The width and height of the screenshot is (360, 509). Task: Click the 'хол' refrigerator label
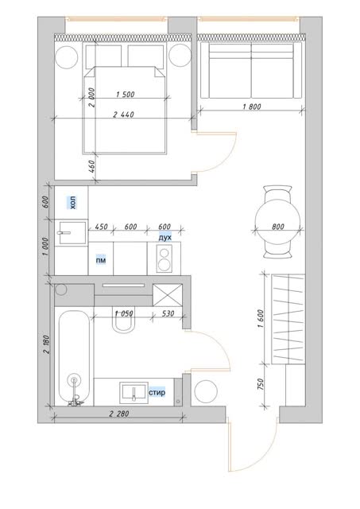[x=72, y=203]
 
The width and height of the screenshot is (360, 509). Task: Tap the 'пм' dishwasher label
[x=101, y=260]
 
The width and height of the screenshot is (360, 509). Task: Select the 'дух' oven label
[x=165, y=237]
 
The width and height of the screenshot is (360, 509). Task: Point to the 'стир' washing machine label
[x=157, y=392]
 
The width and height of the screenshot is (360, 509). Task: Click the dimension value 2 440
[x=123, y=115]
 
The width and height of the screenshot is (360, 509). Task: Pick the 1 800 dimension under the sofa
[x=252, y=106]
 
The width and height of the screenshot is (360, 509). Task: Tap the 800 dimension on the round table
[x=278, y=227]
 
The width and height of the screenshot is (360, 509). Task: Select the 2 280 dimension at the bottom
[x=119, y=414]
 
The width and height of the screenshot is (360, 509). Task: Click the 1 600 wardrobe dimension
[x=261, y=319]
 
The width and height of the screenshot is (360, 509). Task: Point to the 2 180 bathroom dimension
[x=46, y=344]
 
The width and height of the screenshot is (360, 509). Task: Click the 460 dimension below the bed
[x=91, y=166]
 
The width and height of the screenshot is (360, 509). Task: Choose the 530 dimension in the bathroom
[x=168, y=313]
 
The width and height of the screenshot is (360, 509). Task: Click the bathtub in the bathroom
[x=74, y=357]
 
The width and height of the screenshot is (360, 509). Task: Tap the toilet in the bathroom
[x=123, y=319]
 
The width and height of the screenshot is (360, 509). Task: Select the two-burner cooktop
[x=165, y=258]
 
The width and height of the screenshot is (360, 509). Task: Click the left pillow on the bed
[x=104, y=56]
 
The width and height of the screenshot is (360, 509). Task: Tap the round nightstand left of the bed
[x=67, y=56]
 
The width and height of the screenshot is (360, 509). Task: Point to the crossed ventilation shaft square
[x=168, y=295]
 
